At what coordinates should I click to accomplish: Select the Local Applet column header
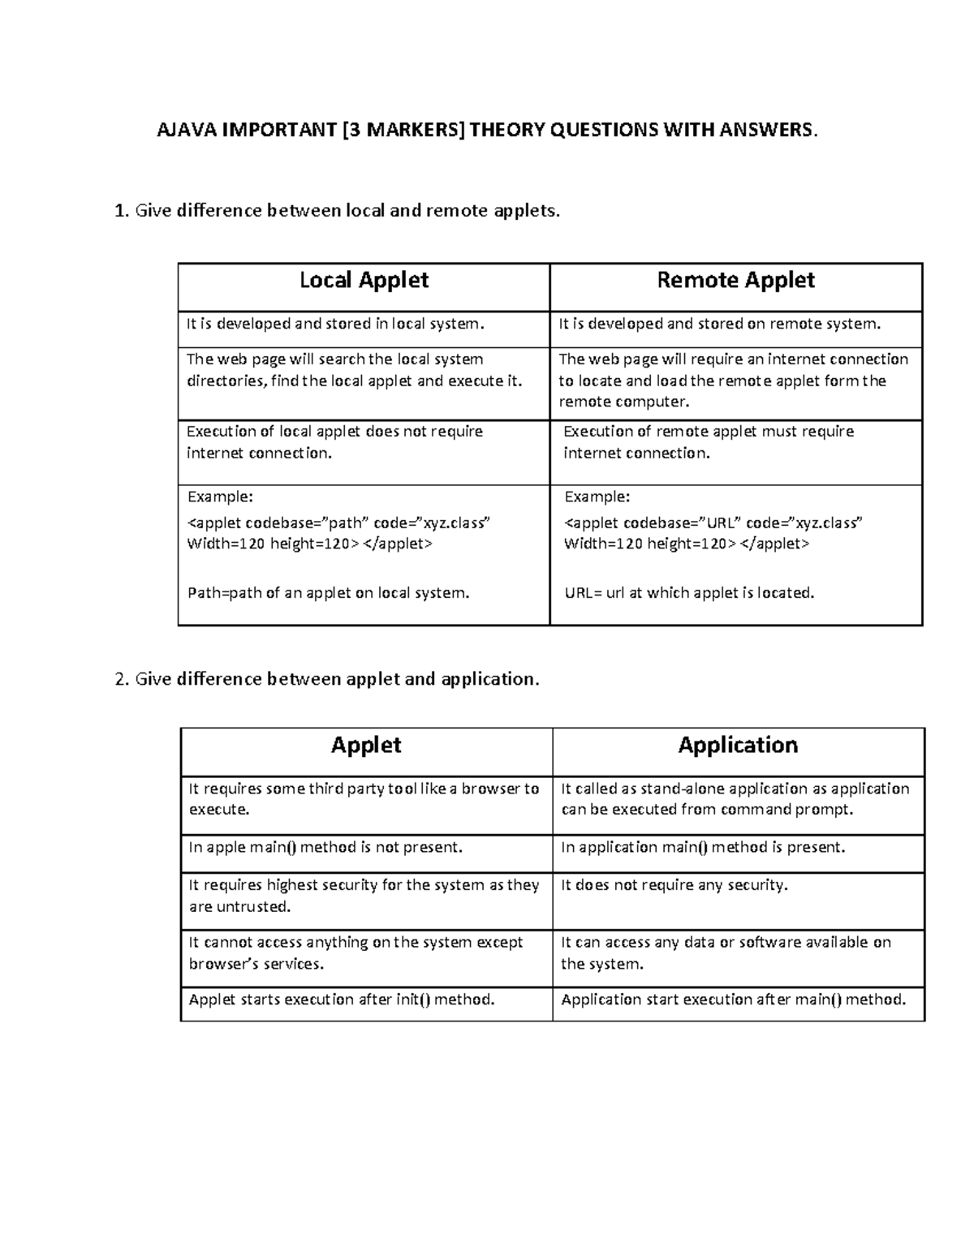click(x=364, y=281)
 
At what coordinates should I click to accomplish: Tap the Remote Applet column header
click(x=735, y=281)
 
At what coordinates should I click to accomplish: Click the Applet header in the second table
click(x=366, y=746)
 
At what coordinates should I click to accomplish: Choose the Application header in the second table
click(x=738, y=746)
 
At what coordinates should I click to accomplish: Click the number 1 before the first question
click(x=120, y=212)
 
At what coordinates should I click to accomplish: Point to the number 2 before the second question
click(x=121, y=679)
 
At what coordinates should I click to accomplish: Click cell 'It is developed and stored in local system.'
click(x=334, y=325)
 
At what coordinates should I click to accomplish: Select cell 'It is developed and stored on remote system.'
click(x=719, y=325)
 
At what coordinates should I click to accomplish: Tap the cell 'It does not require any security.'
click(x=674, y=885)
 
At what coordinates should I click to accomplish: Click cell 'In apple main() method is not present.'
click(x=325, y=848)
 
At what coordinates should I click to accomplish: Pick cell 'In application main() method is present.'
click(x=703, y=848)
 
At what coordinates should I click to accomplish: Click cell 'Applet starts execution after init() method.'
click(x=342, y=1000)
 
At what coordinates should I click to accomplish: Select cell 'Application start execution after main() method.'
click(x=733, y=1000)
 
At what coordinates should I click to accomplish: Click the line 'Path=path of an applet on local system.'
click(x=329, y=593)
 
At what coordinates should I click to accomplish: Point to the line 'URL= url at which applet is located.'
click(x=689, y=593)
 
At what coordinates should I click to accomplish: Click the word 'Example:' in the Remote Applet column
click(x=597, y=497)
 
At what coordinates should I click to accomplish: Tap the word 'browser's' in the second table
click(x=223, y=965)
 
